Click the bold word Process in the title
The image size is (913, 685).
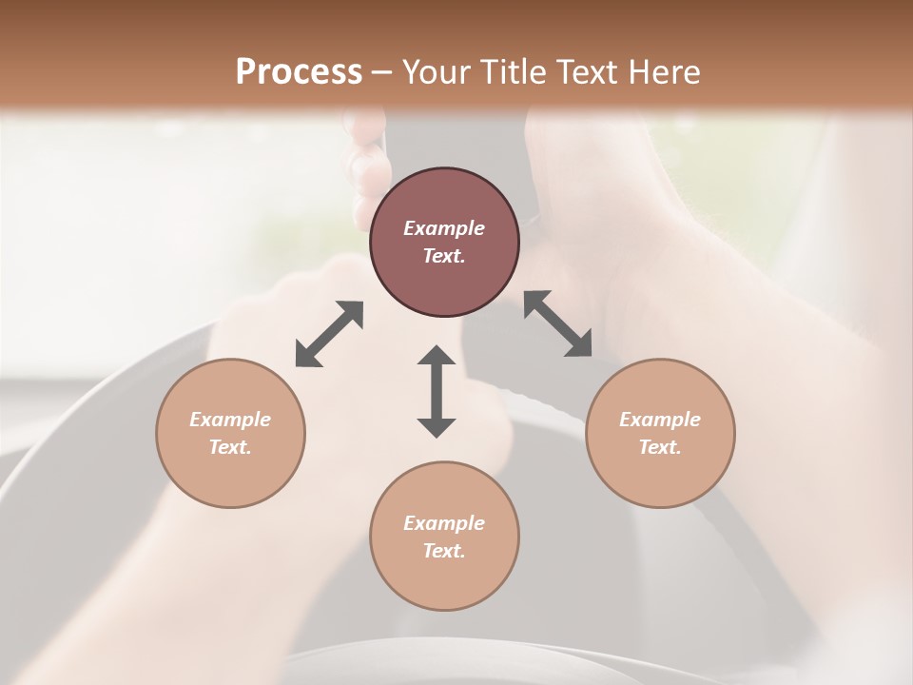pos(299,72)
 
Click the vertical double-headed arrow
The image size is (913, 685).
pos(437,391)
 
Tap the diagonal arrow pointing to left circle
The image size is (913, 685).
pos(329,334)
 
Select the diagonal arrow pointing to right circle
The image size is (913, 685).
pos(558,323)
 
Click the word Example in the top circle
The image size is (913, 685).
pos(444,228)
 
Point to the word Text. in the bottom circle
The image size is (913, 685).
pos(444,551)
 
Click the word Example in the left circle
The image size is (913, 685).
pos(230,420)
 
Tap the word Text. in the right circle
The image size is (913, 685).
pos(660,447)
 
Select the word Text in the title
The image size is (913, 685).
pos(592,72)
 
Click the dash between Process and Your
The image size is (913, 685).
pos(382,73)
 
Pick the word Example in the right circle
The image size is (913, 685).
pos(660,420)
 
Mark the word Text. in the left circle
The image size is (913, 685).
pos(230,447)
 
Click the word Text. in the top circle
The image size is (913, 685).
pos(444,256)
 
